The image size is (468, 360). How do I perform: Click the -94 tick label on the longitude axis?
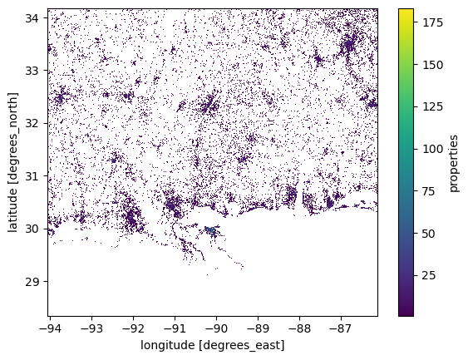coord(50,328)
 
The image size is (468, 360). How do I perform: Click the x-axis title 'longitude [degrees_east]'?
coord(213,345)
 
